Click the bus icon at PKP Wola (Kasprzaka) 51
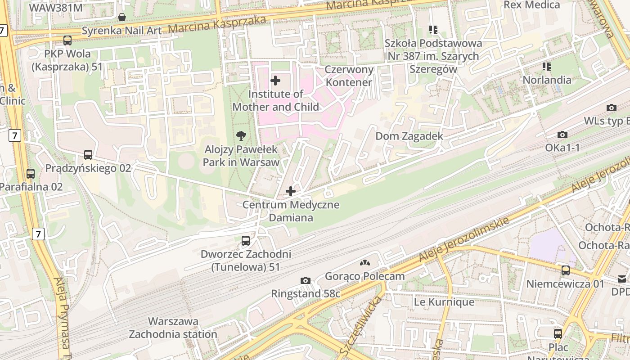(x=67, y=40)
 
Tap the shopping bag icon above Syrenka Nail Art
(x=121, y=18)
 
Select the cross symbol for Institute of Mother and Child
(x=275, y=81)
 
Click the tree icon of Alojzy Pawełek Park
(x=241, y=136)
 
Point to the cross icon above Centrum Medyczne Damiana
(x=291, y=191)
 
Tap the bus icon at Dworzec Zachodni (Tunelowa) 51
(x=245, y=241)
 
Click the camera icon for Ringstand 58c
(x=306, y=281)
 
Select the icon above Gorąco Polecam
(x=365, y=263)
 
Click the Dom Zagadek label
(x=409, y=136)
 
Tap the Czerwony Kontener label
(x=349, y=76)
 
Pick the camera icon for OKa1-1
(x=562, y=135)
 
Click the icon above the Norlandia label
(x=547, y=67)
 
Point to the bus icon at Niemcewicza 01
(x=566, y=270)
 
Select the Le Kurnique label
(x=444, y=301)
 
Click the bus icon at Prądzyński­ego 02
(x=88, y=155)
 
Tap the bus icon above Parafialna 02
(x=31, y=173)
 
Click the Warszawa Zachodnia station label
(x=173, y=328)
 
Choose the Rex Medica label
(x=531, y=5)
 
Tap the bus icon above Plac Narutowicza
(x=558, y=333)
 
